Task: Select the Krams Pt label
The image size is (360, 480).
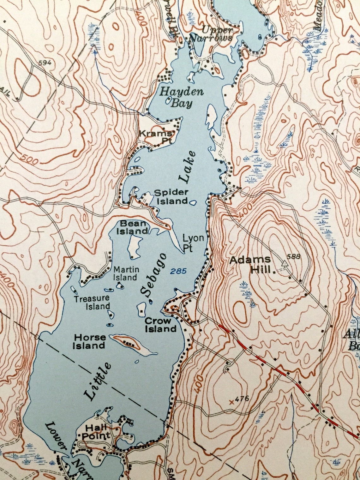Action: (156, 137)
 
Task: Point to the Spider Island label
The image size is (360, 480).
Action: (171, 196)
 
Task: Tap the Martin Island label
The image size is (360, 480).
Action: (125, 273)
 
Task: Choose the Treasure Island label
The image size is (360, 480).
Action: (92, 302)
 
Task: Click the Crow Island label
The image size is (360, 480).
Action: (160, 325)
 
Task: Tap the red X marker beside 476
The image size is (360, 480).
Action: (232, 402)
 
